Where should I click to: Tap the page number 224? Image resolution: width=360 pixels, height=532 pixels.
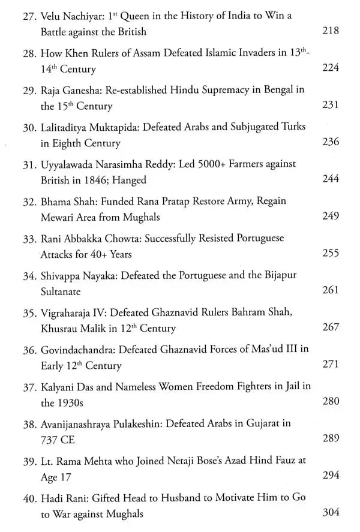click(330, 68)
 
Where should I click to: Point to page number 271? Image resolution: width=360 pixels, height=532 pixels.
click(330, 364)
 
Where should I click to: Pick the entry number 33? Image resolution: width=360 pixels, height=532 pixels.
click(31, 238)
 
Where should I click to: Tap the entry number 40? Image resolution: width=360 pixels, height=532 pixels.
click(31, 497)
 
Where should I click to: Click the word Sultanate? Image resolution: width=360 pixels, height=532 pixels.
click(65, 291)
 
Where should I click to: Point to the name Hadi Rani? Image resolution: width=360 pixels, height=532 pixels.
click(64, 497)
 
